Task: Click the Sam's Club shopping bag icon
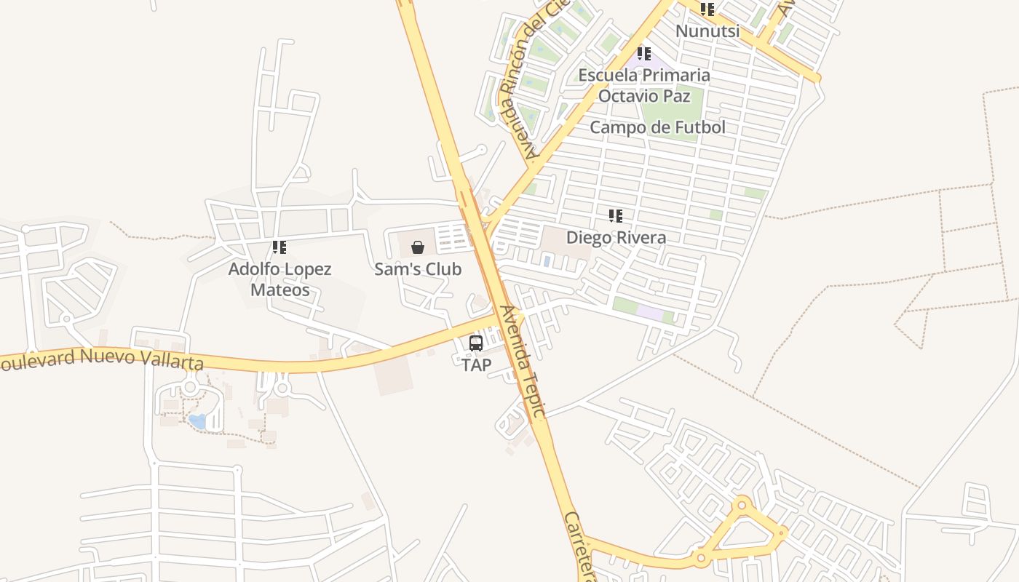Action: tap(418, 248)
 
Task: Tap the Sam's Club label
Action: tap(418, 269)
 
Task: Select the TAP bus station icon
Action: tap(476, 343)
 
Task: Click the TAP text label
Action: tap(477, 364)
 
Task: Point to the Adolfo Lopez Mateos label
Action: tap(280, 279)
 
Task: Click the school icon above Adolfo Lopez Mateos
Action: tap(279, 248)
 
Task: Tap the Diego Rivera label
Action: tap(616, 237)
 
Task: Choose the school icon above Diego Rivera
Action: tap(616, 216)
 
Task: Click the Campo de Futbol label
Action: tap(657, 127)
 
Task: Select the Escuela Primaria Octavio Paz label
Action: tap(644, 85)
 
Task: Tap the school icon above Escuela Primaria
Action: tap(643, 54)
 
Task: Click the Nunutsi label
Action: tap(707, 31)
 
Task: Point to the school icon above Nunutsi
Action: tap(707, 9)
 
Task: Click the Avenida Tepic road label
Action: tap(522, 362)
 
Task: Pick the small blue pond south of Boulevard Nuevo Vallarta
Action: tap(197, 420)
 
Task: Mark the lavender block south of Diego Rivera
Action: tap(650, 313)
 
